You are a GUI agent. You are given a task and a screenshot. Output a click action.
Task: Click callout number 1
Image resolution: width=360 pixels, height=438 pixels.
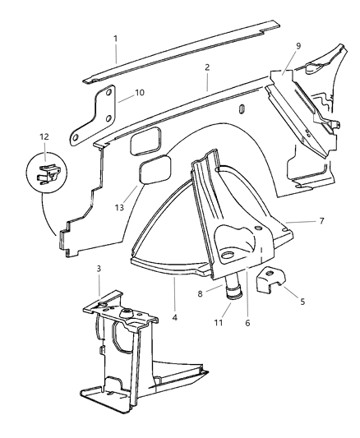tap(116, 38)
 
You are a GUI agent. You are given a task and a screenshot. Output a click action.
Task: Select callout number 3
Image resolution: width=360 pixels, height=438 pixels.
tap(98, 269)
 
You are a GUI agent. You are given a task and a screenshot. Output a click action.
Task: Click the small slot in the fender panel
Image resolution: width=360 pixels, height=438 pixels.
tap(240, 109)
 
